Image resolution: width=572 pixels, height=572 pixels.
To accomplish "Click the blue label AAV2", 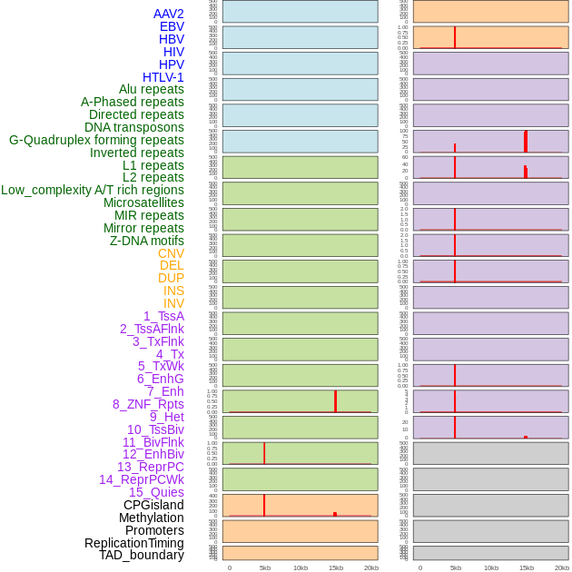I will pos(169,14).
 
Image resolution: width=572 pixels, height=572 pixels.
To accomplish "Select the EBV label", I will pos(172,26).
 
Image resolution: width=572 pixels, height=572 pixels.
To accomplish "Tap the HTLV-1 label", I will pos(163,77).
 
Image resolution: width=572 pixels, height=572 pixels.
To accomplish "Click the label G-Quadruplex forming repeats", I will pos(96,140).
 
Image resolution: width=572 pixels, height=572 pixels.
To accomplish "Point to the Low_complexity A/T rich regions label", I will pos(93,190).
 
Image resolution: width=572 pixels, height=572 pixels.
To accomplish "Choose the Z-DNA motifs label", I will pos(147,241).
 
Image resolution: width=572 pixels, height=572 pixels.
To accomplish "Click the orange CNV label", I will pos(171,253).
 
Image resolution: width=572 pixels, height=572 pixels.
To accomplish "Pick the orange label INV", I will pos(173,303).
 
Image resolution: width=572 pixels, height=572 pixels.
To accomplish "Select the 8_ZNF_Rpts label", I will pos(148,404).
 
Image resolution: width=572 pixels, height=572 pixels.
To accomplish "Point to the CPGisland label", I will pos(153,505).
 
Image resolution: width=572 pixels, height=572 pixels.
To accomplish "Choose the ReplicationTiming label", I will pos(134,543).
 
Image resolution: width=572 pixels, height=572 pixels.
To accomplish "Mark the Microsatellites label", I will pos(143,202).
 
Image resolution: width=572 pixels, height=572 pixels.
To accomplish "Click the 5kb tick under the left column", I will pos(265,567).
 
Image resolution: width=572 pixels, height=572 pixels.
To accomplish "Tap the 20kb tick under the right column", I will pos(562,567).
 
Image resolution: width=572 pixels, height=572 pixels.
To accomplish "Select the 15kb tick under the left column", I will pos(336,567).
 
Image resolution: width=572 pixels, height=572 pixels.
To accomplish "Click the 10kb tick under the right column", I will pos(491,567).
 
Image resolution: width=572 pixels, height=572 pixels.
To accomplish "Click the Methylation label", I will pos(152,518).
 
